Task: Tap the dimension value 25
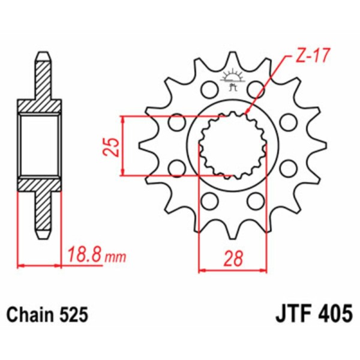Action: pyautogui.click(x=110, y=146)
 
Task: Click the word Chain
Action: pyautogui.click(x=28, y=314)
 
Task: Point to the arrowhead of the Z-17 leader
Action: pyautogui.click(x=248, y=111)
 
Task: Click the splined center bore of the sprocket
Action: pyautogui.click(x=232, y=145)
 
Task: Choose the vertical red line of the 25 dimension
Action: pyautogui.click(x=123, y=146)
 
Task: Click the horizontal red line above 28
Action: pyautogui.click(x=232, y=271)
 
